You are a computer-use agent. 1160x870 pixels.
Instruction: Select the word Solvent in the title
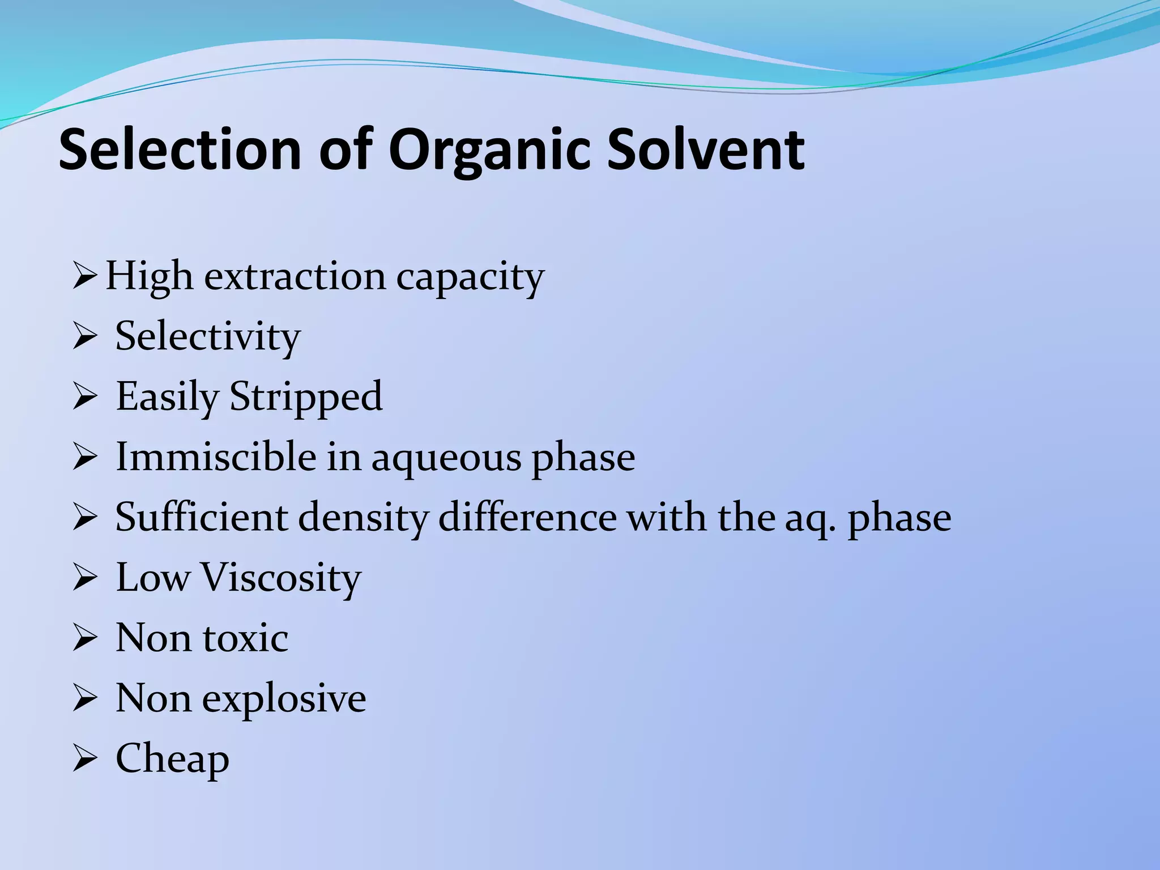(705, 150)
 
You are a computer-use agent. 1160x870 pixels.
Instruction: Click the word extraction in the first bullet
(294, 277)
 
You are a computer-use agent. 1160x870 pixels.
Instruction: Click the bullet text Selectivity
(207, 338)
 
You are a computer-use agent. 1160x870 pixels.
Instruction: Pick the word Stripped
(306, 398)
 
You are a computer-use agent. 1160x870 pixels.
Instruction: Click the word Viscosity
(281, 579)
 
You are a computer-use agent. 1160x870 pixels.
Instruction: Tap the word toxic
(245, 638)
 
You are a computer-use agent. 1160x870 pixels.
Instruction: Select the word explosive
(284, 700)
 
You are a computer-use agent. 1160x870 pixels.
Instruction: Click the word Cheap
(172, 760)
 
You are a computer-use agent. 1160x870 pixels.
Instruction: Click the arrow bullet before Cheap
(85, 760)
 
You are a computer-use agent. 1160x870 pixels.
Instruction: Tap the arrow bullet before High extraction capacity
(85, 278)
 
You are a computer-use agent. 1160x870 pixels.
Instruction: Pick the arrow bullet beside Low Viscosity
(85, 579)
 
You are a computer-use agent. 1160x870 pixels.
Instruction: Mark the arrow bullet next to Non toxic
(85, 639)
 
